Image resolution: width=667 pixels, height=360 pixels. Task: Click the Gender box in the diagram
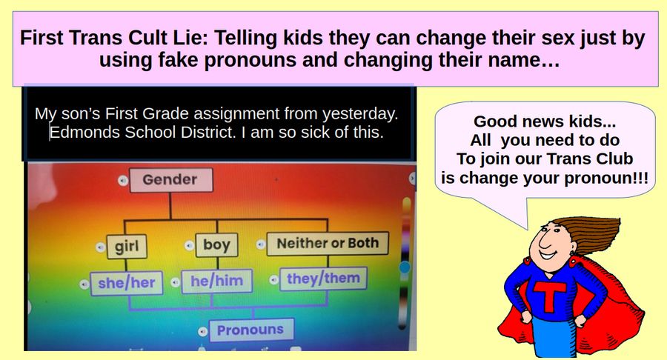click(x=171, y=180)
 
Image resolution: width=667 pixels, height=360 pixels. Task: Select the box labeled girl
click(x=127, y=247)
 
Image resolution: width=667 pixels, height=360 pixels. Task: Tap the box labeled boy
click(x=216, y=245)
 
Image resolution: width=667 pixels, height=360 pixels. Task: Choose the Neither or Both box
click(x=328, y=243)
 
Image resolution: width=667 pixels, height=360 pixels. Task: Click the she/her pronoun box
click(x=126, y=283)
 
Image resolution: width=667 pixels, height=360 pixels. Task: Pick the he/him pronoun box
click(x=217, y=281)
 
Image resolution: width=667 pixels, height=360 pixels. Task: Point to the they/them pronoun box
click(x=323, y=279)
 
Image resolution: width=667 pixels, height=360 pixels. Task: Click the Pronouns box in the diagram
click(x=250, y=330)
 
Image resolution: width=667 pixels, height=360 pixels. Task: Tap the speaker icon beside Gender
click(x=122, y=181)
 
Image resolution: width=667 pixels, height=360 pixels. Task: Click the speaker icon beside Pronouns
click(x=202, y=331)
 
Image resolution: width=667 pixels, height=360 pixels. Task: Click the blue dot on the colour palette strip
click(x=405, y=267)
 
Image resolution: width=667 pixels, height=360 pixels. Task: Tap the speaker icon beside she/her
click(x=84, y=284)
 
